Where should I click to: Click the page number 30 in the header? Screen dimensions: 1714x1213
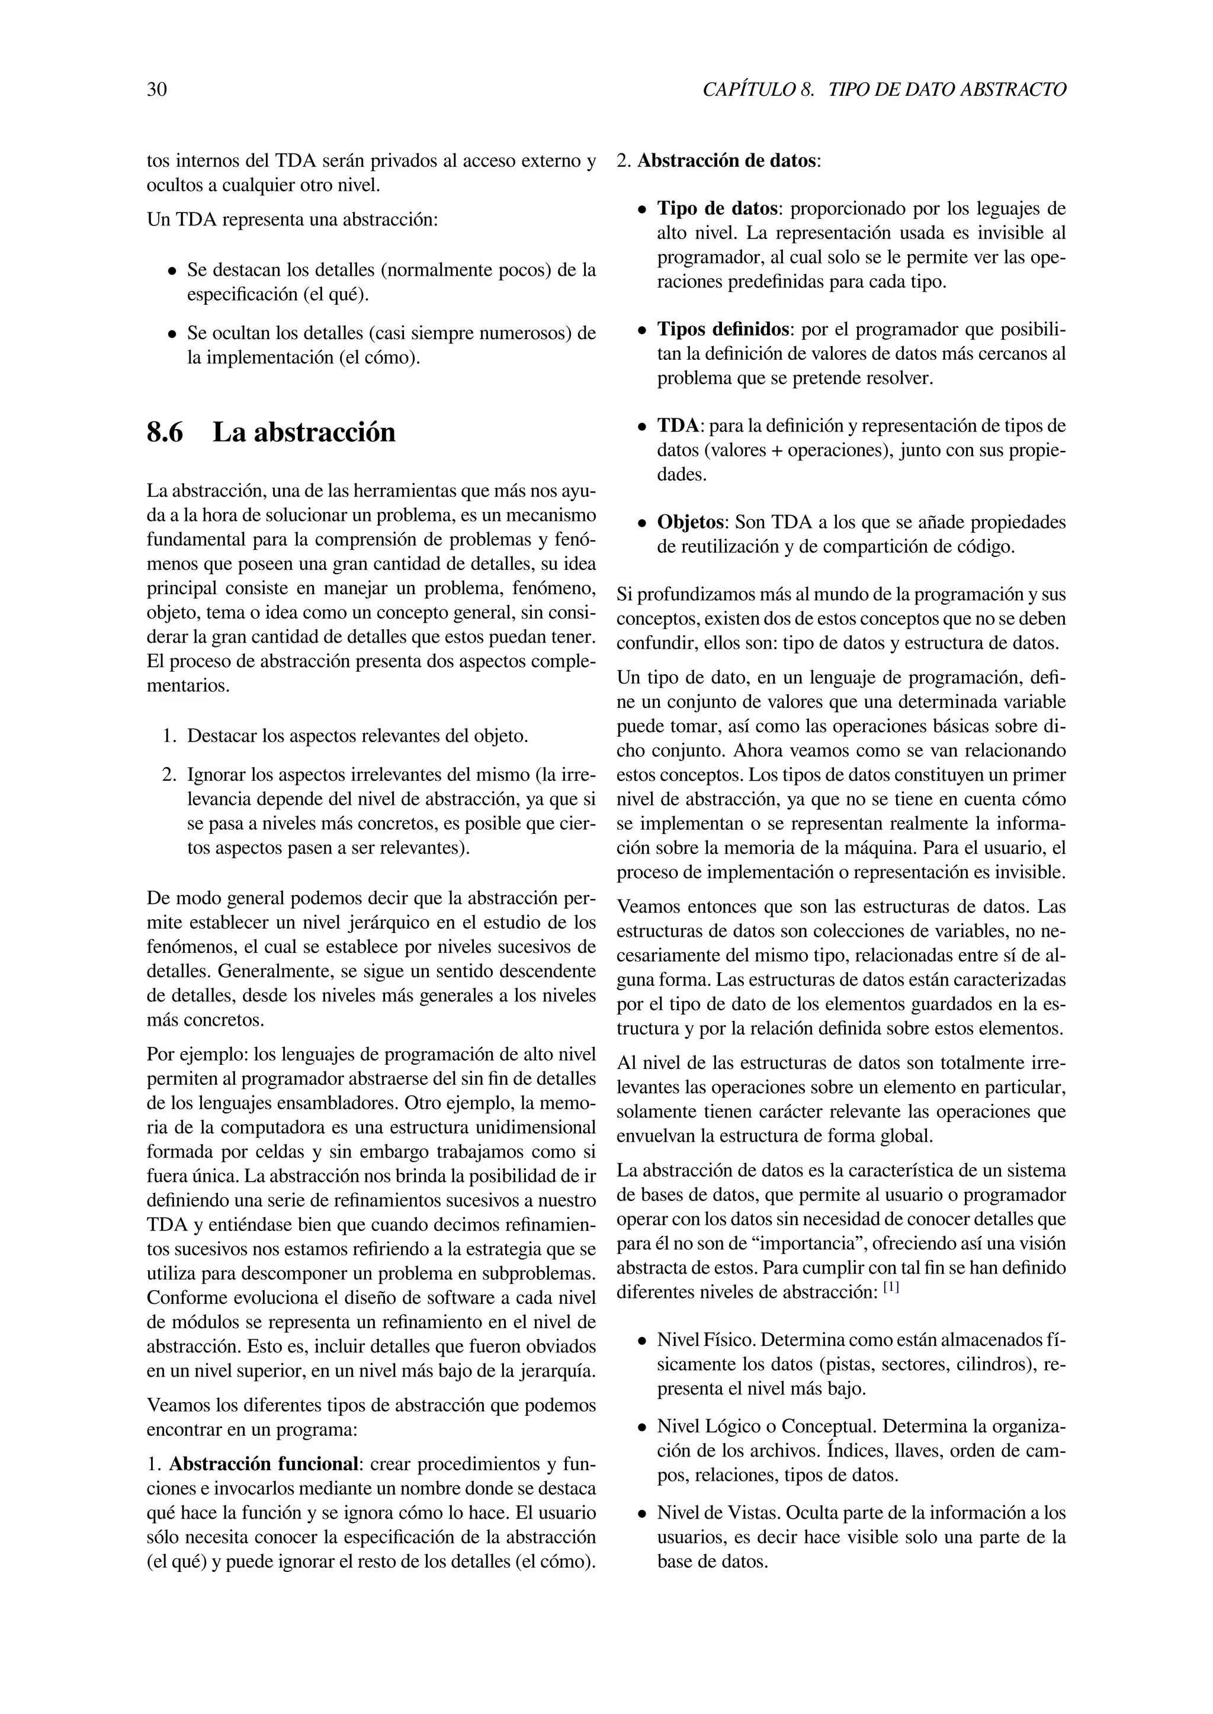[157, 91]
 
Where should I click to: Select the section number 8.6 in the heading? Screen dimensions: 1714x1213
[165, 432]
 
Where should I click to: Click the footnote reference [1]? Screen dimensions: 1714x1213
[891, 1288]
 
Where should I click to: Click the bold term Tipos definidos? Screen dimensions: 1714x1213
[722, 329]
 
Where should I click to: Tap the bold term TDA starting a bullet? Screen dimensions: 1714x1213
[678, 426]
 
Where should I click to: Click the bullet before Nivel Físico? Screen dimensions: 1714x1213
[641, 1342]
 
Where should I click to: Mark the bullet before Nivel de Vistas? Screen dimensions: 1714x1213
[641, 1515]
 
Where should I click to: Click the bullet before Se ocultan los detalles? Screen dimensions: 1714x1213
[172, 334]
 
